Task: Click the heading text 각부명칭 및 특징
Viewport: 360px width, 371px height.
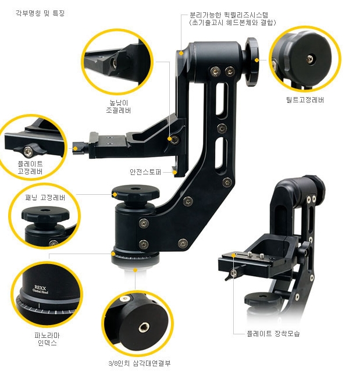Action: [x=40, y=13]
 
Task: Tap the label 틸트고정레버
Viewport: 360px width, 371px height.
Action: [x=305, y=99]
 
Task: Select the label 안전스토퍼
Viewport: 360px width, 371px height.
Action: [x=145, y=172]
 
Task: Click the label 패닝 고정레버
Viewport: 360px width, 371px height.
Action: [x=45, y=197]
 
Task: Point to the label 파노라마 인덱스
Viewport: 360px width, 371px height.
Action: [x=47, y=339]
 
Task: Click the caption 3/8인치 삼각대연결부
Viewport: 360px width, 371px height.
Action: [x=140, y=363]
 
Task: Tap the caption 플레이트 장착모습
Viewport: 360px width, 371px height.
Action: [x=273, y=333]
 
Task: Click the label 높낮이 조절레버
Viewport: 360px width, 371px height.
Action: [x=118, y=106]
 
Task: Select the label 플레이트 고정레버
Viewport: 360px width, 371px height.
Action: [x=30, y=167]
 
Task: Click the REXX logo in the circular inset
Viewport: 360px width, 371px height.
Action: [x=40, y=290]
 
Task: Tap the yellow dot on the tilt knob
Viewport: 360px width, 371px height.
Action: [x=256, y=60]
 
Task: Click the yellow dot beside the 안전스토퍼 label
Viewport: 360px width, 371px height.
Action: [x=174, y=172]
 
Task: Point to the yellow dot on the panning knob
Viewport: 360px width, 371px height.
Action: [x=115, y=195]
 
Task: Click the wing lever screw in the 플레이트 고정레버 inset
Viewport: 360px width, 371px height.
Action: [x=28, y=151]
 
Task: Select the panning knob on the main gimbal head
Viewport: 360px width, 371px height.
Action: [x=136, y=192]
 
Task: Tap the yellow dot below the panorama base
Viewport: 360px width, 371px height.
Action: [x=135, y=270]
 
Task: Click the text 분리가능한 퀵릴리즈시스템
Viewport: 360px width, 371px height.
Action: [x=229, y=15]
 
